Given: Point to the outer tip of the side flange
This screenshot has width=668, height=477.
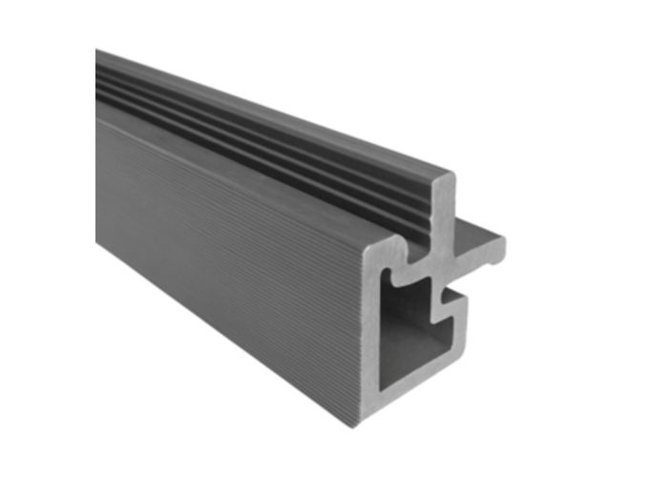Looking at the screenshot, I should (502, 243).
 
